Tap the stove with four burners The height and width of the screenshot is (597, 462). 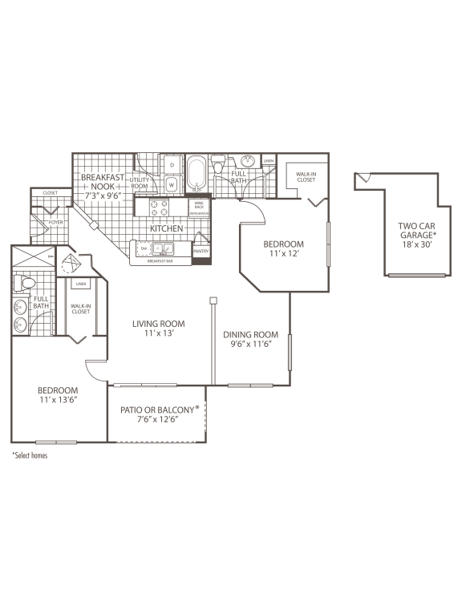[159, 208]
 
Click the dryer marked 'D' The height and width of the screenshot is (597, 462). [172, 165]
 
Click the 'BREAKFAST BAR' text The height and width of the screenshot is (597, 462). [163, 261]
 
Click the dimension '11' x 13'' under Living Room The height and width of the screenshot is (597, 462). [159, 335]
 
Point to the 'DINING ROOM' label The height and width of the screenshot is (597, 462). [250, 335]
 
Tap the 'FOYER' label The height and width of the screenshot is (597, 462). [55, 224]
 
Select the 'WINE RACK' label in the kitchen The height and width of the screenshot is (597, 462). [199, 206]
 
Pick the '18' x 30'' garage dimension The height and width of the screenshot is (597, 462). [417, 247]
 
